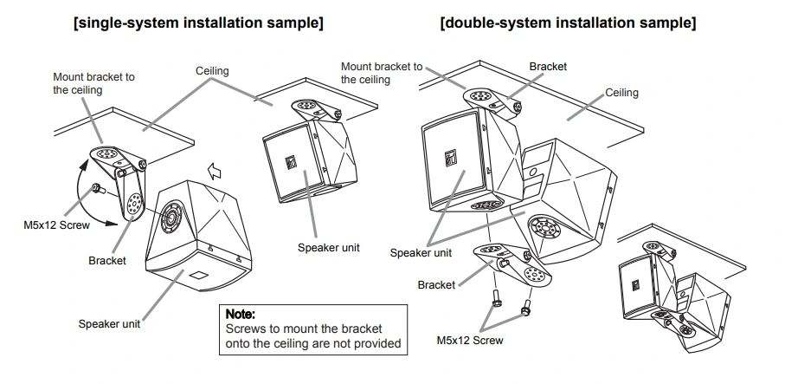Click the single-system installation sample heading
198,23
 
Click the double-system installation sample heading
569,23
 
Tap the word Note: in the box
241,315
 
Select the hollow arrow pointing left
215,172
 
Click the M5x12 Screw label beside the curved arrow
56,225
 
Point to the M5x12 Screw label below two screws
470,341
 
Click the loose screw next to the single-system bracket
97,189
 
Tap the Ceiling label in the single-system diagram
212,71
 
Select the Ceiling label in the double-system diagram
621,93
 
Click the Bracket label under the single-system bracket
107,261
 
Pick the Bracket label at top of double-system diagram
548,67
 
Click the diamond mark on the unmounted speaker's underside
199,275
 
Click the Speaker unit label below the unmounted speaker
109,324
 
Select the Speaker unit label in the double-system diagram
421,253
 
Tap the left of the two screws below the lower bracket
497,299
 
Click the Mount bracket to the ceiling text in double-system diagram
382,73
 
